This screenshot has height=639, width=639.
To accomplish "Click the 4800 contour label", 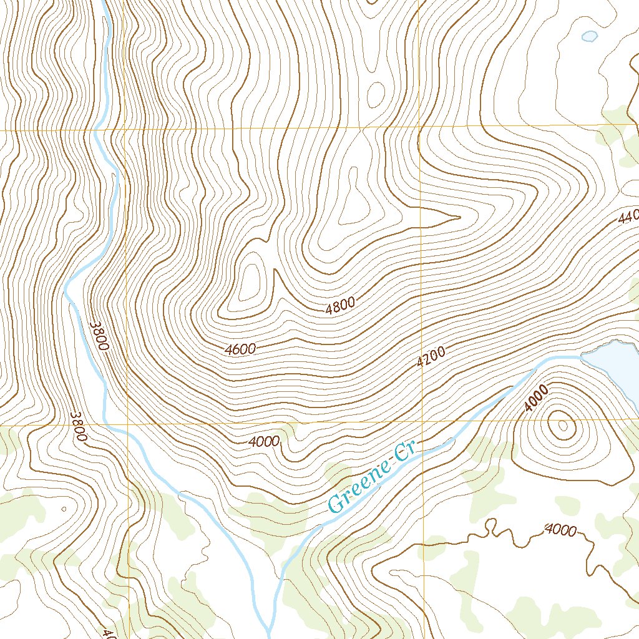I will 340,306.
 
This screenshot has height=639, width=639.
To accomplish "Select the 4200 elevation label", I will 431,357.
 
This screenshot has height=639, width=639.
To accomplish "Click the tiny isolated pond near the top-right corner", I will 588,36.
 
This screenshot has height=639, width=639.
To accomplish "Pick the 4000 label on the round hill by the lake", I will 536,398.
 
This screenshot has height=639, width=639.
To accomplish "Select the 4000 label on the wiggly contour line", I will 560,530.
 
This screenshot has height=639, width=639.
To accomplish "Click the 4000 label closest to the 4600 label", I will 263,442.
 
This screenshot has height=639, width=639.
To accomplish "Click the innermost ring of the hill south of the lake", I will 563,426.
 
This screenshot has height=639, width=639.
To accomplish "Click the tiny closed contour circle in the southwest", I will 64,509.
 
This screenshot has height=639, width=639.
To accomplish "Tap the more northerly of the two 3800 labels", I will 99,336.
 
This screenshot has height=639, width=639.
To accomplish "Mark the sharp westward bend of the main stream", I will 67,288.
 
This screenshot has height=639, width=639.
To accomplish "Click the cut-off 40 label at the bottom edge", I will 107,632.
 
